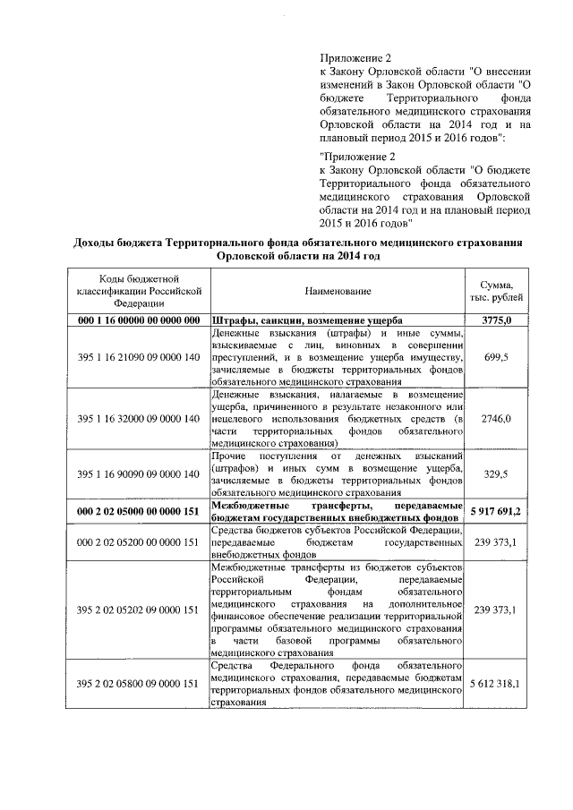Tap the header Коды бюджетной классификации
click(x=138, y=291)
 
